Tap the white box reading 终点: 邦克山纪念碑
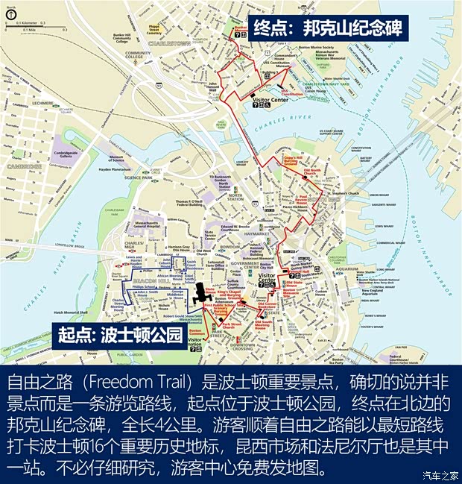(x=328, y=29)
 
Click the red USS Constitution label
(x=290, y=92)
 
